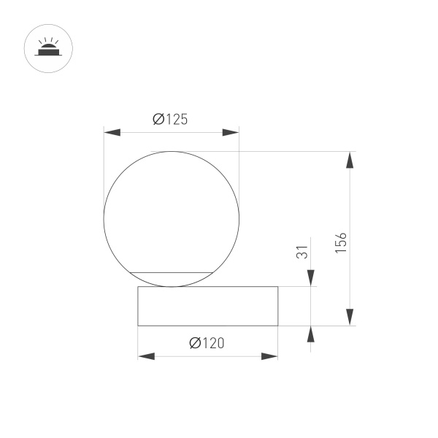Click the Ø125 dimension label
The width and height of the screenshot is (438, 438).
pos(170,120)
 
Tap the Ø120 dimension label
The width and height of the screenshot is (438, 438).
pos(207,343)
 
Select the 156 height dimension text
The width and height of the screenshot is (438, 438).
pos(341,242)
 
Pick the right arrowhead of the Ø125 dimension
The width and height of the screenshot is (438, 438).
pos(230,132)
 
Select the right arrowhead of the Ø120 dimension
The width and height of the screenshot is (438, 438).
pos(269,356)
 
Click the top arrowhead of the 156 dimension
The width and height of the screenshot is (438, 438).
pos(350,160)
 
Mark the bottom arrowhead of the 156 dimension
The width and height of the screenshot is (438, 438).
pos(350,317)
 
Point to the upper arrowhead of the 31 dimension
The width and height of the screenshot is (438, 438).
pos(311,278)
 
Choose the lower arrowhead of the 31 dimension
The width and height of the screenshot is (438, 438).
pos(311,334)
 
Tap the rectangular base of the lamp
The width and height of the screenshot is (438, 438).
pos(207,306)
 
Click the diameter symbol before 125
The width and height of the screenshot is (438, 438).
pos(158,120)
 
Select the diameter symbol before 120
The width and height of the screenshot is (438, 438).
pos(194,343)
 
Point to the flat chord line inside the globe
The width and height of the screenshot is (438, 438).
pos(171,272)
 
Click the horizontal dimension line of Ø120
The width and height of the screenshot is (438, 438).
pos(207,356)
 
